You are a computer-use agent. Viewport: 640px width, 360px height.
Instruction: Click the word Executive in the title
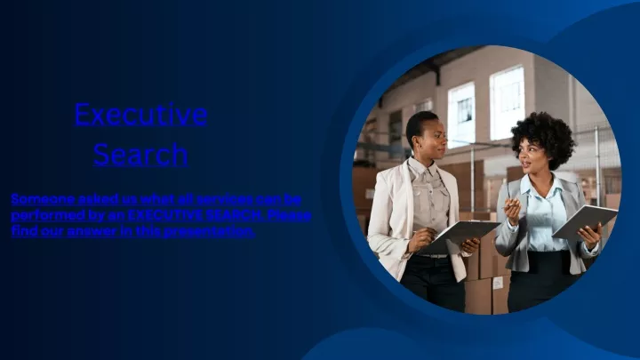click(x=140, y=114)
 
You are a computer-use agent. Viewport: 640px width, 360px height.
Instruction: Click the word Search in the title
click(x=140, y=154)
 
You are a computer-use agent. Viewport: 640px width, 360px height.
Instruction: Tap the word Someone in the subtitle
click(x=43, y=199)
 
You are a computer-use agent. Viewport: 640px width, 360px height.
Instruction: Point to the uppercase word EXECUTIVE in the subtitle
click(x=165, y=215)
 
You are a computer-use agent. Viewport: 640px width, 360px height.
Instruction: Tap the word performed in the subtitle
click(x=48, y=215)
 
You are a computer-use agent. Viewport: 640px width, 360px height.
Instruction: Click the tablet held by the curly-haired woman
click(x=585, y=221)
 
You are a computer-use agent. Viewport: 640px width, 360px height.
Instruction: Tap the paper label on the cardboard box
click(x=498, y=283)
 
